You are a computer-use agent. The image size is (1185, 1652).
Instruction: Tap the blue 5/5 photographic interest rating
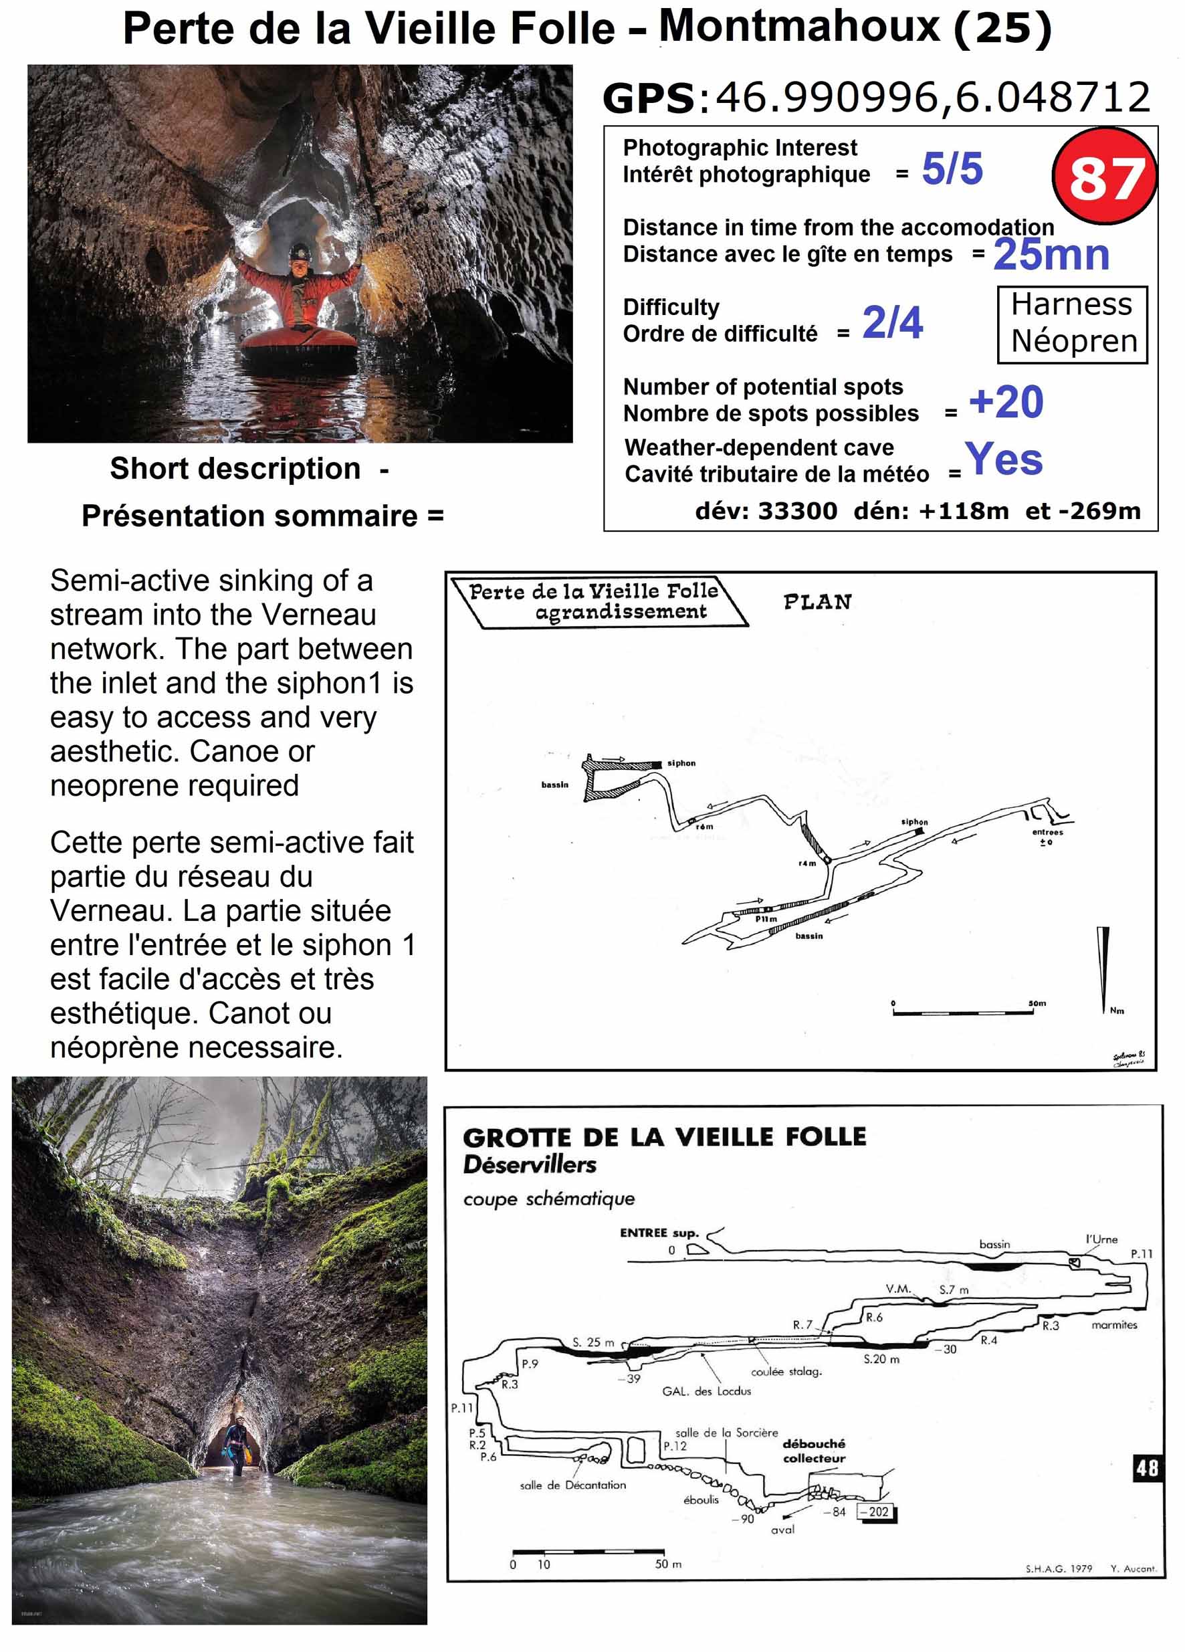coord(951,169)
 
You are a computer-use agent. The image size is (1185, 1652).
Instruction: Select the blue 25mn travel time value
coord(1051,254)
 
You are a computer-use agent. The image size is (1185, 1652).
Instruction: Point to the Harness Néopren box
coord(1072,324)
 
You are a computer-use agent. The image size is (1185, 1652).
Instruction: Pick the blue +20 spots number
coord(1005,402)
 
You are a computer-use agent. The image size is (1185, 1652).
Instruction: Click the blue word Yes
coord(1003,459)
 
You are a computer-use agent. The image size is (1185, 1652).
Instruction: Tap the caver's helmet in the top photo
coord(300,251)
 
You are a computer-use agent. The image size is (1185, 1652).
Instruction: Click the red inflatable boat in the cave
coord(299,344)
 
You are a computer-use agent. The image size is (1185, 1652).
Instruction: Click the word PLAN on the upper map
coord(817,603)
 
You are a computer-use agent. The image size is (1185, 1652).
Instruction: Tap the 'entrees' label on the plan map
coord(1047,832)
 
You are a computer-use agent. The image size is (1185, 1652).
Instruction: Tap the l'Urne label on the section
coord(1101,1239)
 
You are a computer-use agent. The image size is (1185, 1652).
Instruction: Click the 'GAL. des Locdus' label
coord(706,1391)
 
